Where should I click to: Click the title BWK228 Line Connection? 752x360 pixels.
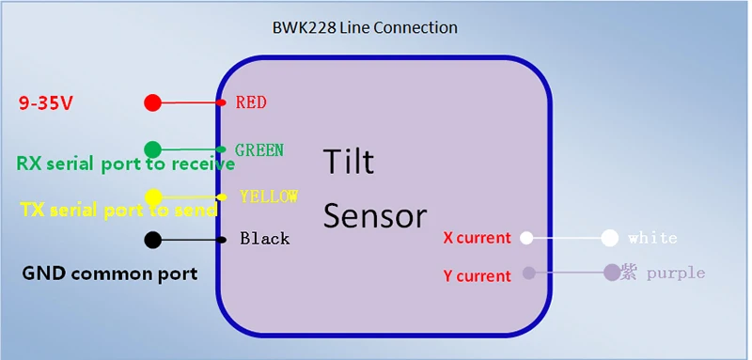[x=365, y=27]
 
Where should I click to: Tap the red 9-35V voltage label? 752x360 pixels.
[x=45, y=103]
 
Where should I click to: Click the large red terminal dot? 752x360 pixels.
[x=152, y=102]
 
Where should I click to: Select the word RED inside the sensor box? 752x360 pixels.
[x=251, y=102]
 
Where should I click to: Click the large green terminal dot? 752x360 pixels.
[x=152, y=149]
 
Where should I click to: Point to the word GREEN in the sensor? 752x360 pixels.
[x=259, y=149]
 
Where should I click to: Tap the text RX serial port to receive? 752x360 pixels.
[x=126, y=164]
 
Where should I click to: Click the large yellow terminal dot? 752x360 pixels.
[x=153, y=196]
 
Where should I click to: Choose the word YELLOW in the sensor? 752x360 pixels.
[x=269, y=196]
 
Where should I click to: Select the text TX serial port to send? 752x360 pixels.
[x=118, y=210]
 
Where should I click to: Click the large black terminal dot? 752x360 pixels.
[x=153, y=240]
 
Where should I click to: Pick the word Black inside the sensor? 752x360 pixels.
[x=265, y=238]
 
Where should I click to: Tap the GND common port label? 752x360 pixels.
[x=110, y=274]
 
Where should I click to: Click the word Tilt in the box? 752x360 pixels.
[x=348, y=162]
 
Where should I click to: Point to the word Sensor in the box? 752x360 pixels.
[x=374, y=215]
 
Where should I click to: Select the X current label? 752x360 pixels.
[x=478, y=238]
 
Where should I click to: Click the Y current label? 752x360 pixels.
[x=478, y=275]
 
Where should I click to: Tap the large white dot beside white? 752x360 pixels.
[x=609, y=238]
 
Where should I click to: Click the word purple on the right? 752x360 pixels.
[x=676, y=274]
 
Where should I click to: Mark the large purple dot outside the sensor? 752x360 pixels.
[x=612, y=273]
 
